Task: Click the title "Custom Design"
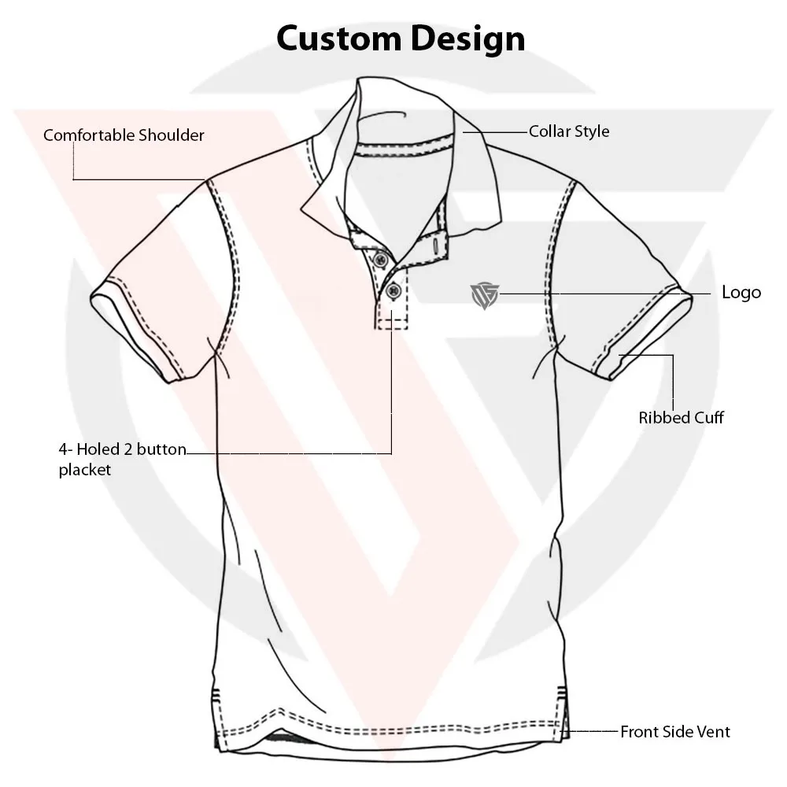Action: [401, 38]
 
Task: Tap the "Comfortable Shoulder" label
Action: [124, 135]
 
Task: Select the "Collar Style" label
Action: [568, 131]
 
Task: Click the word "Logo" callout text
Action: [741, 293]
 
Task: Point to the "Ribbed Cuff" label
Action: [681, 417]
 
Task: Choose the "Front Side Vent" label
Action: [675, 732]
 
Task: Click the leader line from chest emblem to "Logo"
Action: [598, 294]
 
